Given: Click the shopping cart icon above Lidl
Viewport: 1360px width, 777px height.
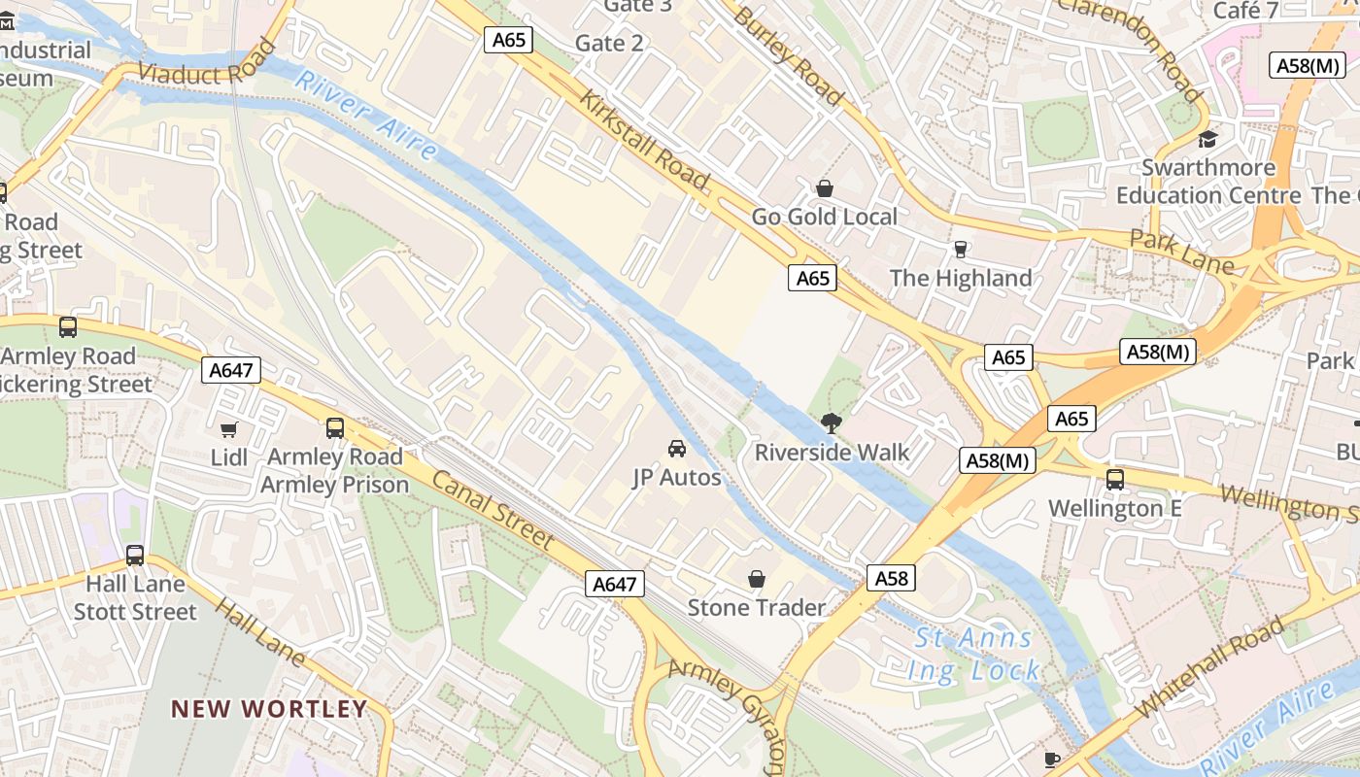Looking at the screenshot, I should pyautogui.click(x=229, y=429).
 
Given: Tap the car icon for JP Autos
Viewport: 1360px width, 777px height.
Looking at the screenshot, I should pyautogui.click(x=677, y=449).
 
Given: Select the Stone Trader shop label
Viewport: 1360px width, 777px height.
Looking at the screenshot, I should pyautogui.click(x=756, y=608).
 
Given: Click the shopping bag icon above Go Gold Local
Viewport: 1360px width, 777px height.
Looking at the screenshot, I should pyautogui.click(x=825, y=188).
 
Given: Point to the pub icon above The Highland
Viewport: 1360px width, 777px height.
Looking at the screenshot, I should pyautogui.click(x=961, y=250).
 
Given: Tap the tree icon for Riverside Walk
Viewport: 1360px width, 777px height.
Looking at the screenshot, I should pyautogui.click(x=831, y=422).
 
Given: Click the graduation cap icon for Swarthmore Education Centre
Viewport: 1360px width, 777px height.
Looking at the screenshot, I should pyautogui.click(x=1207, y=140).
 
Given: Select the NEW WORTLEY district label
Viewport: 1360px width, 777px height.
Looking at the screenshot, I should pyautogui.click(x=269, y=709).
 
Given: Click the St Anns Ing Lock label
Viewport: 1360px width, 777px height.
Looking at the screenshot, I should pyautogui.click(x=974, y=654).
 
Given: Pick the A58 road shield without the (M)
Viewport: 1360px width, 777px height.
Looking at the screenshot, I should pyautogui.click(x=891, y=579).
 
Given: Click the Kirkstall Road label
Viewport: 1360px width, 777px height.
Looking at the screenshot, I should pyautogui.click(x=645, y=140).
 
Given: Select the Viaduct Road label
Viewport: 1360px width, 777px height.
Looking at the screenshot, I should pyautogui.click(x=207, y=61).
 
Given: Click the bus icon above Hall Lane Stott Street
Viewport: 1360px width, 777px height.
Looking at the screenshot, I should pyautogui.click(x=135, y=556).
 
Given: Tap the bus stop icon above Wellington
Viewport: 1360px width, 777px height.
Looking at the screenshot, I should pyautogui.click(x=1115, y=479).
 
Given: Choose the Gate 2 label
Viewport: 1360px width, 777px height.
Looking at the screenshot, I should pyautogui.click(x=609, y=43).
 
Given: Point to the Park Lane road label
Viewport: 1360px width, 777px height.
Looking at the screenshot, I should pyautogui.click(x=1181, y=252).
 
